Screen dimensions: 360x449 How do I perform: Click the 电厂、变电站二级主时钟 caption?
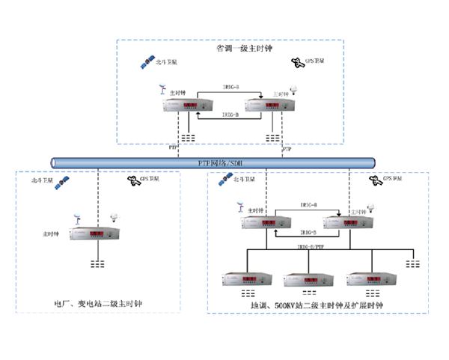pyautogui.click(x=98, y=305)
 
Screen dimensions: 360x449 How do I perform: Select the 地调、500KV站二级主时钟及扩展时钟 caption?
pyautogui.click(x=317, y=305)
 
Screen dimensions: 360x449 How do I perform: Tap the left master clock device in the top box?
pyautogui.click(x=184, y=106)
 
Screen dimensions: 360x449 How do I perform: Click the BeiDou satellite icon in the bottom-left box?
pyautogui.click(x=64, y=181)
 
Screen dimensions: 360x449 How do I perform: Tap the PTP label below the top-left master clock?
pyautogui.click(x=174, y=149)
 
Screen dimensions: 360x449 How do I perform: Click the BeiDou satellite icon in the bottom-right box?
pyautogui.click(x=223, y=181)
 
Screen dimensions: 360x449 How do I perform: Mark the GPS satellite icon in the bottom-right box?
pyautogui.click(x=373, y=181)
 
